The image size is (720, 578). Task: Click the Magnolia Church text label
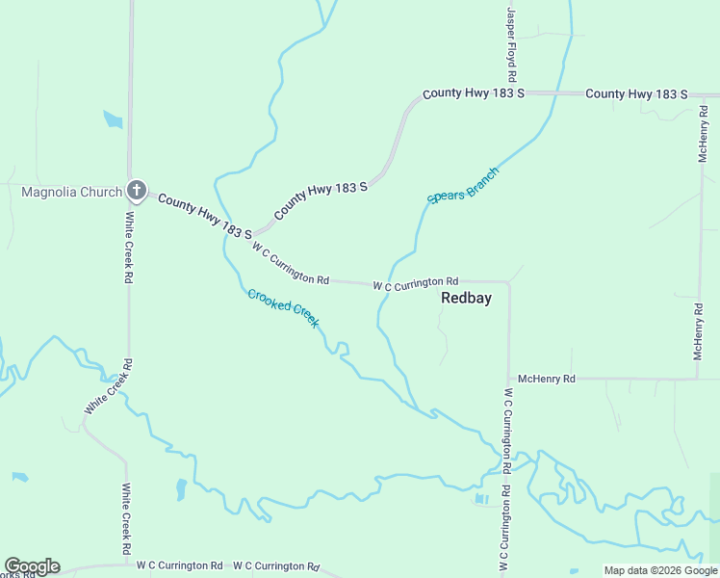[71, 192]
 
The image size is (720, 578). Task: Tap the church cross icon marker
[137, 191]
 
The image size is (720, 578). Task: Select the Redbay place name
[466, 298]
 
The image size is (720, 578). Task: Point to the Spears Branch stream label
[463, 186]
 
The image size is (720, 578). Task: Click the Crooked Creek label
[283, 308]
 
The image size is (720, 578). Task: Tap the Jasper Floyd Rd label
[512, 43]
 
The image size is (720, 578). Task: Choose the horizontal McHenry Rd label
[546, 380]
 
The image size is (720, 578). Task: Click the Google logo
[32, 566]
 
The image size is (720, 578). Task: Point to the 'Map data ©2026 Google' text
[660, 570]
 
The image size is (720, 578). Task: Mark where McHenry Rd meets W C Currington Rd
[508, 380]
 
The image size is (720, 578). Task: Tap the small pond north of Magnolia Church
[113, 120]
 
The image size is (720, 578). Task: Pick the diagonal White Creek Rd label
[107, 387]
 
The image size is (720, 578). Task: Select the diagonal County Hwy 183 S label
[321, 201]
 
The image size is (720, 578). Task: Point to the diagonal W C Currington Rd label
[291, 263]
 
